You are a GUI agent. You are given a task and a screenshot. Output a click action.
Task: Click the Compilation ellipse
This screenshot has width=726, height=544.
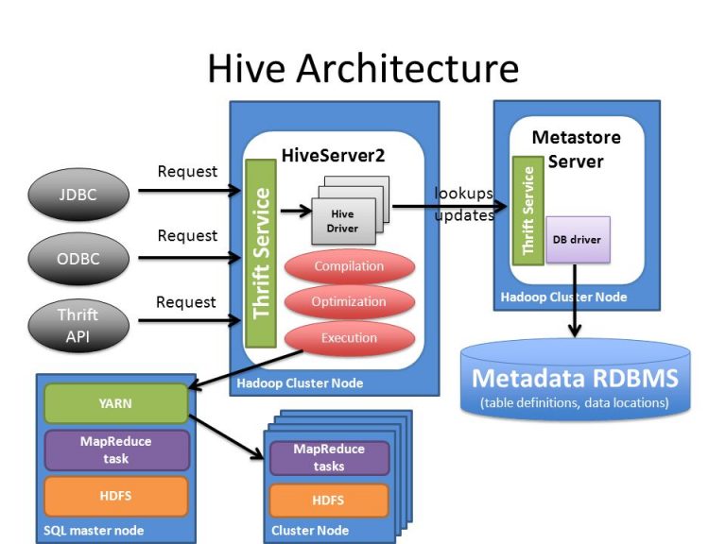point(349,266)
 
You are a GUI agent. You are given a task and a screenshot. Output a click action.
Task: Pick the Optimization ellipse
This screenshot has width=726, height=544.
point(349,302)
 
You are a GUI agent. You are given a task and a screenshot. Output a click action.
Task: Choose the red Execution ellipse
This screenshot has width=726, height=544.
point(349,338)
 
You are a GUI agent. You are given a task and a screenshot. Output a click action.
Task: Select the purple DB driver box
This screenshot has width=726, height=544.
point(577,240)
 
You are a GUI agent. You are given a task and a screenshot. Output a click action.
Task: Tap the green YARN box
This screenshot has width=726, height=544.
point(114,403)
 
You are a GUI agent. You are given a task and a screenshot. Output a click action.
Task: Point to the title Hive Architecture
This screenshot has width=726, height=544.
point(363,69)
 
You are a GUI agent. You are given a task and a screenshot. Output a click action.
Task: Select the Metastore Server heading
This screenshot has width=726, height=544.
point(576,149)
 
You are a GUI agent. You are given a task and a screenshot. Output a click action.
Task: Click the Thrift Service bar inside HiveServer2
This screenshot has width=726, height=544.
point(260,252)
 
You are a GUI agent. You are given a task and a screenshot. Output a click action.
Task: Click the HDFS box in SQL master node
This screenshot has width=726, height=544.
point(114,496)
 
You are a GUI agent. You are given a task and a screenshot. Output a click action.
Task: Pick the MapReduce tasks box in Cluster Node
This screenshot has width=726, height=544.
point(329,458)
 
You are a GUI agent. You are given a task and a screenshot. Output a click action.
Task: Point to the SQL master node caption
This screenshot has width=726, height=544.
point(94,531)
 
